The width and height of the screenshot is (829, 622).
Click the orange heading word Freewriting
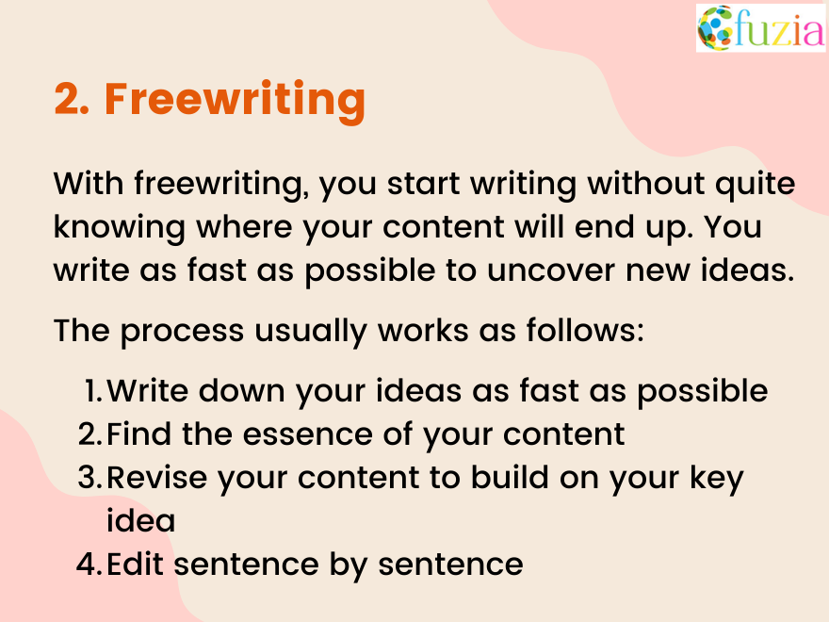(x=235, y=99)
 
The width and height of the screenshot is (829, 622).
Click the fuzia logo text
(x=779, y=29)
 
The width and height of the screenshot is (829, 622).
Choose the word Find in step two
(x=133, y=434)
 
